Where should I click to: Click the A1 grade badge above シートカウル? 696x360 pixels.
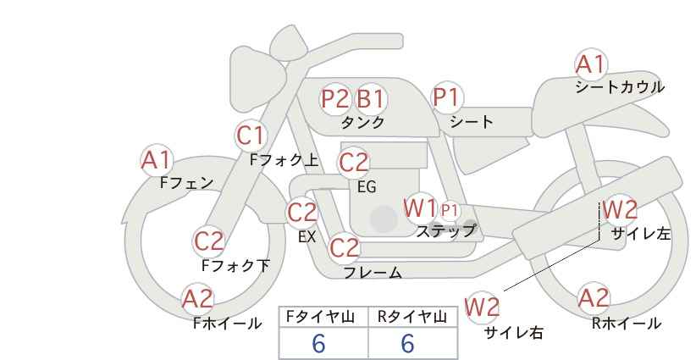591,64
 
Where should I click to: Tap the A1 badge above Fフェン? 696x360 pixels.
156,159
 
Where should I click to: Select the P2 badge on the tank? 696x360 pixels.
335,99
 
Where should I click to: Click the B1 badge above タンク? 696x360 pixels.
370,99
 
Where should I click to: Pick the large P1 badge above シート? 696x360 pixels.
446,98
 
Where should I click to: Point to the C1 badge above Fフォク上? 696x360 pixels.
251,135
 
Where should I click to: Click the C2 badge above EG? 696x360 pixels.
353,162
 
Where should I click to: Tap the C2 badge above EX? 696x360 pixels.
302,213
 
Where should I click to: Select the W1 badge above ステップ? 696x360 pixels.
420,208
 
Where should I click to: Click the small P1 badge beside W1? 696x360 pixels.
449,209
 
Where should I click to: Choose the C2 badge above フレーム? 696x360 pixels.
345,248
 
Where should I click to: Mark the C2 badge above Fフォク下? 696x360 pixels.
208,241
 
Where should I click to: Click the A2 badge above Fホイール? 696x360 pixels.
198,298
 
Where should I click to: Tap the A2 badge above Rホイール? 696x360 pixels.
594,298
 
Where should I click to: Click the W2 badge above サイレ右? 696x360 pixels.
483,307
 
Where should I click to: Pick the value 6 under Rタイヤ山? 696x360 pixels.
408,343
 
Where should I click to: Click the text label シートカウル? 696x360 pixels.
619,87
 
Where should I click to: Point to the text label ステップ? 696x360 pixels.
445,230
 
